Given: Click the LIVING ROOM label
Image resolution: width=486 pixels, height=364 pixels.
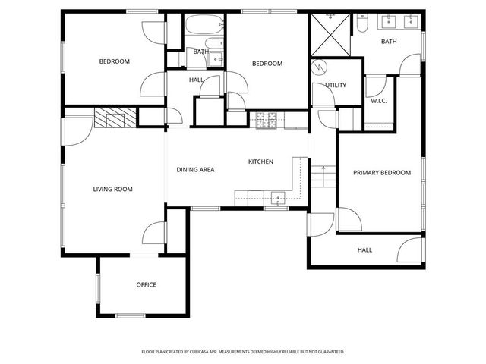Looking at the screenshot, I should [113, 189].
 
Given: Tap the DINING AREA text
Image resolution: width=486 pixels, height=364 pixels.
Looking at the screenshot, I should [195, 170].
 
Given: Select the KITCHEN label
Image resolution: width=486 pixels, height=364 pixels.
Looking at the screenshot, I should [260, 162].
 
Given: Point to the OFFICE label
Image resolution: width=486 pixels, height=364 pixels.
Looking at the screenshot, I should [146, 285].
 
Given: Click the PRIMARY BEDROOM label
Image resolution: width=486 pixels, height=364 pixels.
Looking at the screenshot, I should [381, 173].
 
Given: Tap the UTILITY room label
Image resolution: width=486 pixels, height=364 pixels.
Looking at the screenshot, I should [336, 85].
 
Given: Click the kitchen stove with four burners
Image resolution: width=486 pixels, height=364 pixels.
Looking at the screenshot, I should [267, 120].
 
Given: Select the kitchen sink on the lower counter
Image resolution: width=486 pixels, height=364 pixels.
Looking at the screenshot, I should [278, 199].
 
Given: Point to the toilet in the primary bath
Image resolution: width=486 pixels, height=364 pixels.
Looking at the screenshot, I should [362, 24].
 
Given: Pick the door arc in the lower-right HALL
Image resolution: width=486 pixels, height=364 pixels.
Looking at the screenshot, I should [409, 249].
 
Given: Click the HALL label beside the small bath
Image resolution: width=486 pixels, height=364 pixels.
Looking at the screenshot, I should [196, 80].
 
